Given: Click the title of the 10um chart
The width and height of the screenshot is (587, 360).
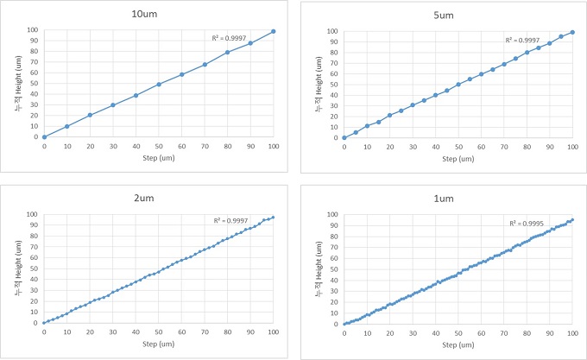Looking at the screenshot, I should click(x=158, y=13).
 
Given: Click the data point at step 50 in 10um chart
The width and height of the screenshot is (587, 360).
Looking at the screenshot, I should click(x=159, y=85).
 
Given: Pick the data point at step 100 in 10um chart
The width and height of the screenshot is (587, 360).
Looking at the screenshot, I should click(x=274, y=31).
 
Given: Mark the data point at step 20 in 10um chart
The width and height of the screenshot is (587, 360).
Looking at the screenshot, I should click(x=90, y=115).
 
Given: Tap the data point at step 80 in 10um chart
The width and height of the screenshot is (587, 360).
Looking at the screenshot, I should click(x=228, y=53).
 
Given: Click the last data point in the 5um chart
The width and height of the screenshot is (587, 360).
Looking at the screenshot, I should click(x=572, y=32).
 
